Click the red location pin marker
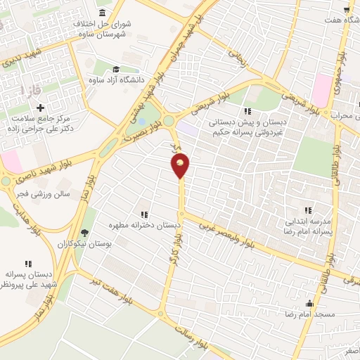click(181, 166)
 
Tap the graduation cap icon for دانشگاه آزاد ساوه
click(115, 70)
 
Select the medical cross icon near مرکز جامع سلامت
click(40, 108)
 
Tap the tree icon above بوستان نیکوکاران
click(86, 233)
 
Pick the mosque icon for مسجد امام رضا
click(309, 304)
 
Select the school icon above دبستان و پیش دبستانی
click(247, 111)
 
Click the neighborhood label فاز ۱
click(32, 91)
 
